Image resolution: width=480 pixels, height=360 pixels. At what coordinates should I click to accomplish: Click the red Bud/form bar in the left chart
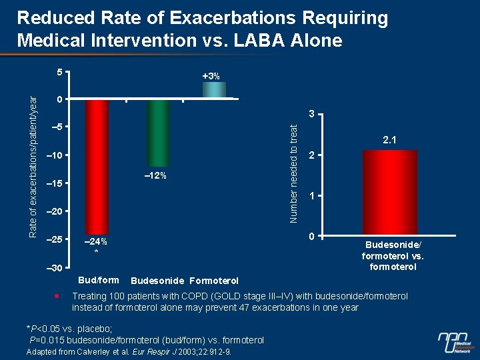pyautogui.click(x=97, y=167)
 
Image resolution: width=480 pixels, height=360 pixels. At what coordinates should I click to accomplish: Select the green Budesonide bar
pyautogui.click(x=159, y=133)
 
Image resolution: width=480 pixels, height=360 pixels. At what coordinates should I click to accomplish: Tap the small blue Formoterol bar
pyautogui.click(x=214, y=91)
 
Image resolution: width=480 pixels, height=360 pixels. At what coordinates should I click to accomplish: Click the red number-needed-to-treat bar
pyautogui.click(x=390, y=193)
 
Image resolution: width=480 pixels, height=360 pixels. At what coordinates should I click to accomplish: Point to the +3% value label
pyautogui.click(x=211, y=76)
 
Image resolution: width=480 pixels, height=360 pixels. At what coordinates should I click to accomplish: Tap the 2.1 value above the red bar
pyautogui.click(x=390, y=141)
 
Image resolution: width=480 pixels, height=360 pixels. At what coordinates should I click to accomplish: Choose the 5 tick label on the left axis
pyautogui.click(x=59, y=72)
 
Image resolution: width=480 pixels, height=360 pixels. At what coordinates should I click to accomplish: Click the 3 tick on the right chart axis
pyautogui.click(x=311, y=115)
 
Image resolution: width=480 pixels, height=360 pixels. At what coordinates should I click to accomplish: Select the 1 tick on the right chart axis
pyautogui.click(x=311, y=196)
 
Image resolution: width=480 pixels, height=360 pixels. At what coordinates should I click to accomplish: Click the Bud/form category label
pyautogui.click(x=99, y=279)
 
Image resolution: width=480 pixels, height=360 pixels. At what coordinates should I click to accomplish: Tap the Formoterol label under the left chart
pyautogui.click(x=214, y=280)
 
